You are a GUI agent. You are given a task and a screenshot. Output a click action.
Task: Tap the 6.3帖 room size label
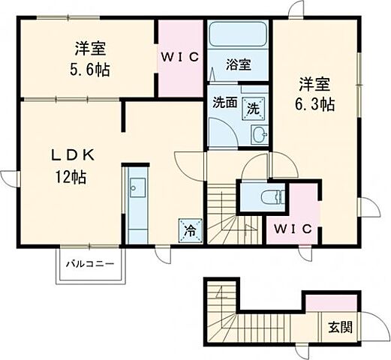(x=314, y=104)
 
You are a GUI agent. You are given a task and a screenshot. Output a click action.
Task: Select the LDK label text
(x=73, y=156)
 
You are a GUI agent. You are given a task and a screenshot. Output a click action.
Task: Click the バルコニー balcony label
(x=89, y=264)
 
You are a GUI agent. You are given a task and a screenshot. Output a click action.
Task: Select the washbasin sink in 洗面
(x=258, y=135)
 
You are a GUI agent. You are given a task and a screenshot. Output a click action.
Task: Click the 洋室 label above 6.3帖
(x=314, y=84)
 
